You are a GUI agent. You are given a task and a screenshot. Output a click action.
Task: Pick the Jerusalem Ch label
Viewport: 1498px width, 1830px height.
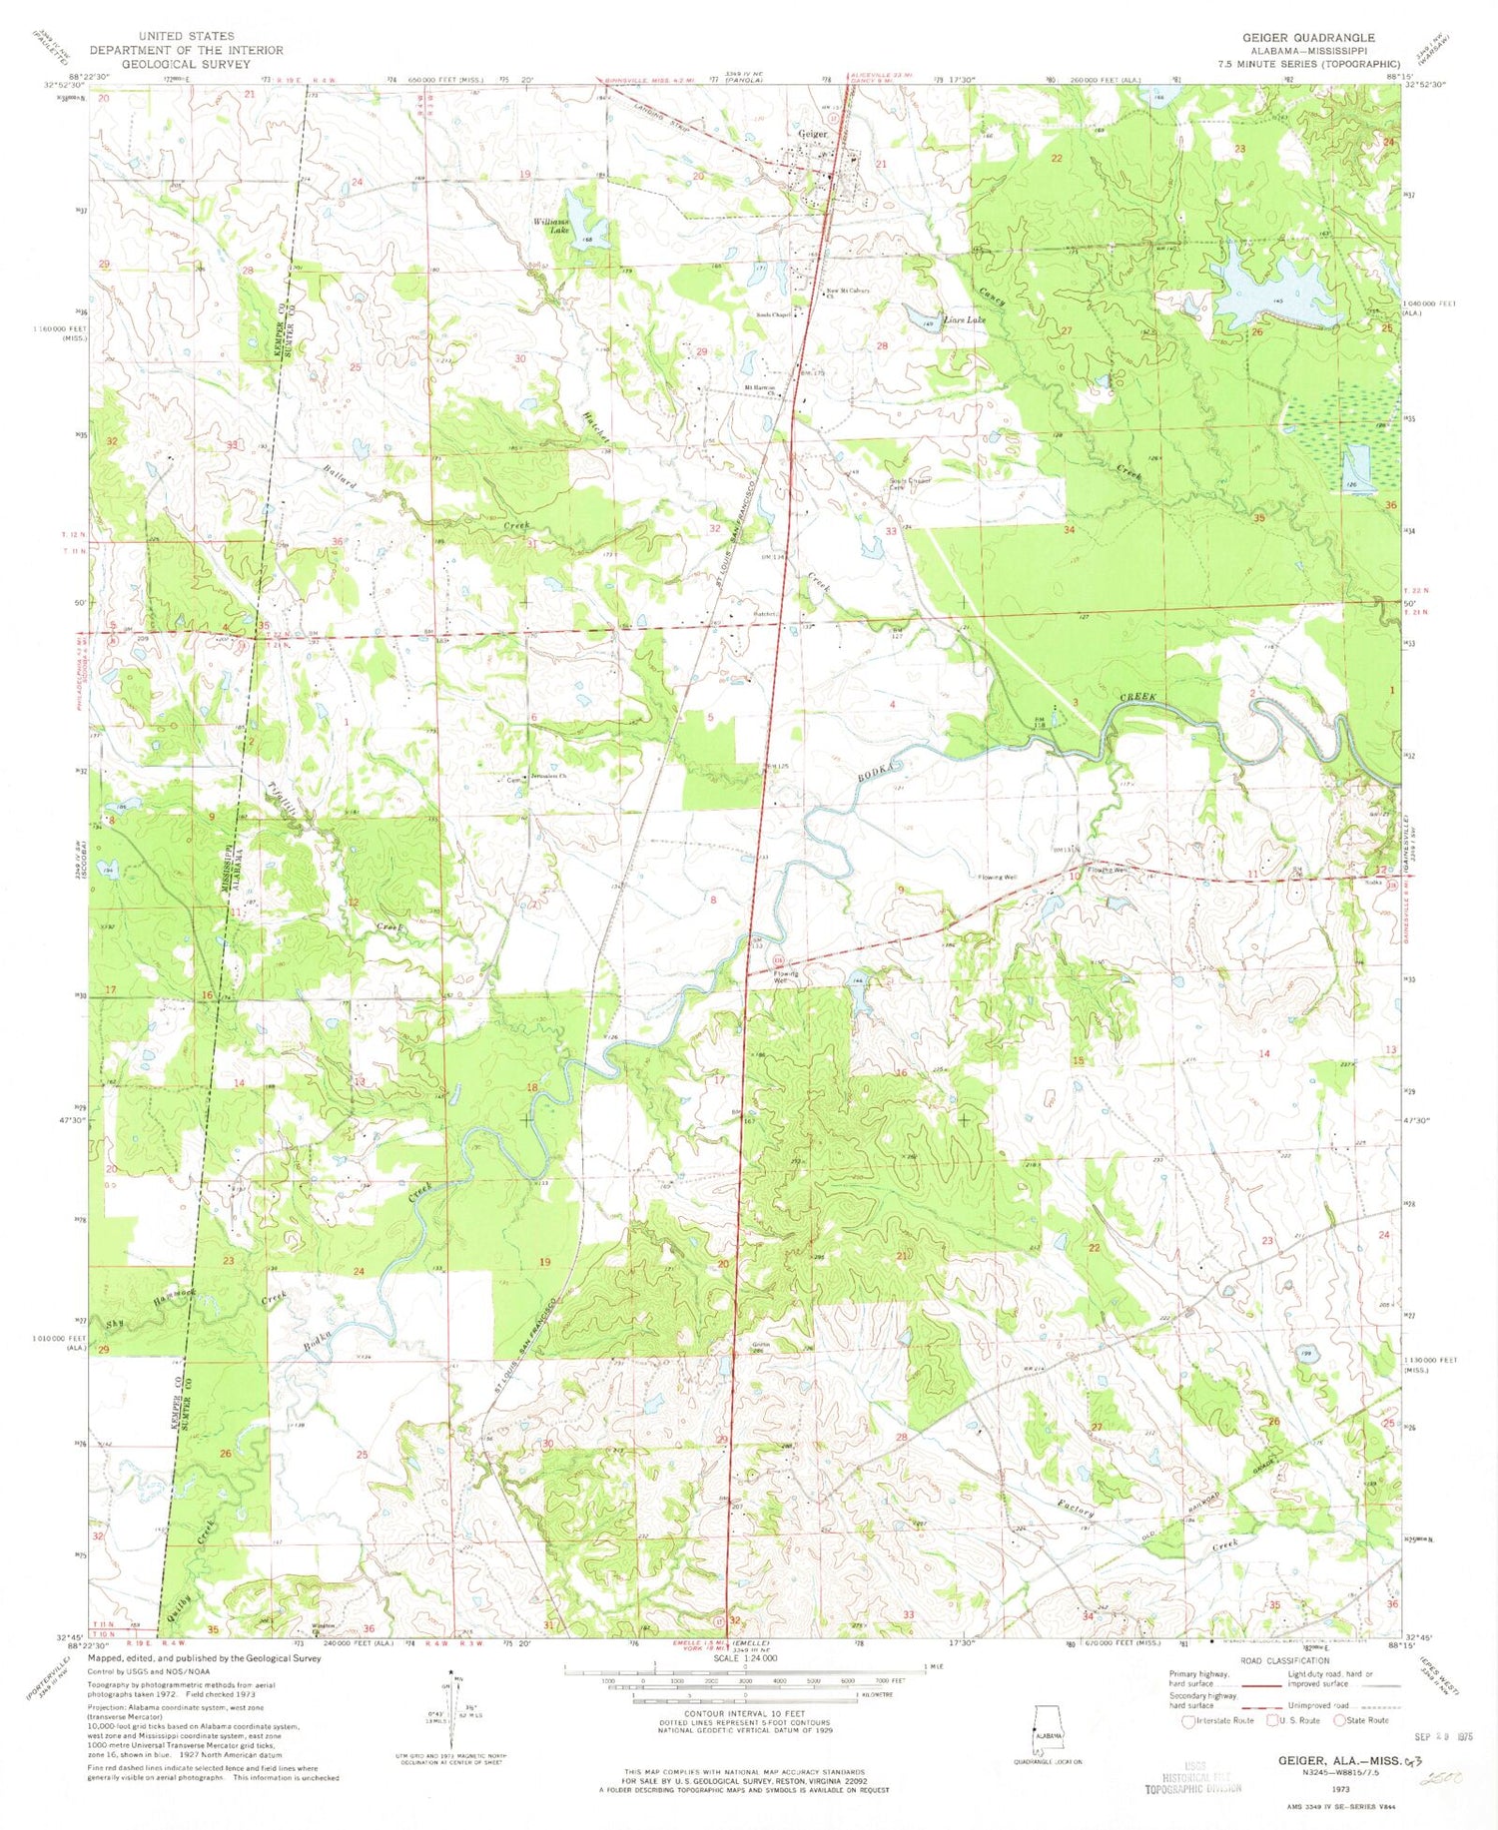[548, 776]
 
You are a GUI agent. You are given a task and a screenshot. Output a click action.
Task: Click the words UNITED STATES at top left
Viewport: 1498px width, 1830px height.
[186, 36]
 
